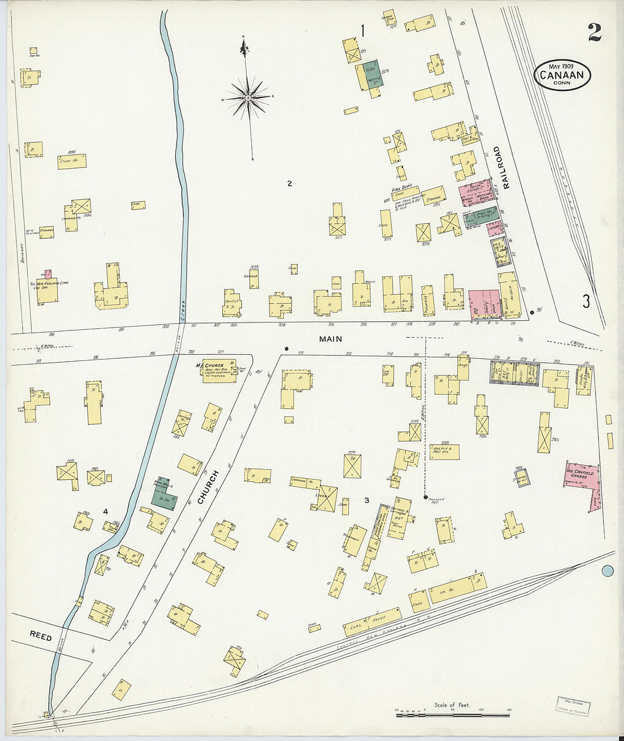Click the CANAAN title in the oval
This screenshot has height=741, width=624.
click(x=562, y=74)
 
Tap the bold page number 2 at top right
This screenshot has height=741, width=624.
click(x=594, y=32)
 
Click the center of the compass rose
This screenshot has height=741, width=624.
click(x=248, y=98)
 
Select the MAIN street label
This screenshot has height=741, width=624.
click(x=330, y=339)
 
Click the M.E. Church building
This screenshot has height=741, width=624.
click(x=220, y=371)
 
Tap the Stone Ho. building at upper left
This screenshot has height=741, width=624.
click(x=71, y=161)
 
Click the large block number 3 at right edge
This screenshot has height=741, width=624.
click(x=585, y=301)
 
